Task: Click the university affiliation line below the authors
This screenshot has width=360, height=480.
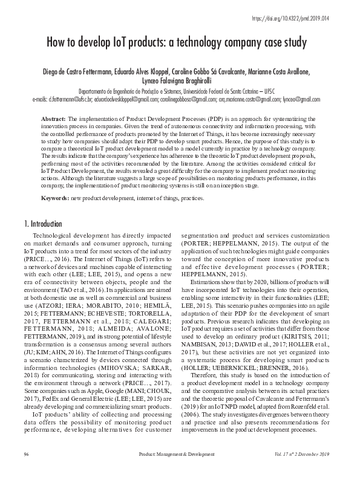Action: [180, 91]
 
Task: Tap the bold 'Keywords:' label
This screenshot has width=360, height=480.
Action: [55, 198]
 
